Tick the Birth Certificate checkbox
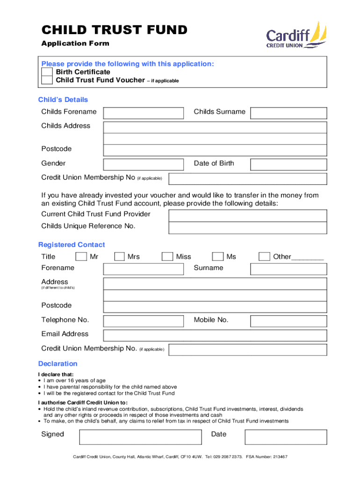pyautogui.click(x=47, y=72)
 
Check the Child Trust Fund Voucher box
pyautogui.click(x=47, y=80)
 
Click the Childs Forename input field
pyautogui.click(x=144, y=113)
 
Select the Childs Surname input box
pyautogui.click(x=288, y=113)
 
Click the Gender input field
pyautogui.click(x=144, y=164)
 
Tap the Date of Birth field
pyautogui.click(x=288, y=164)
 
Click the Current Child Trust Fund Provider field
pyautogui.click(x=247, y=215)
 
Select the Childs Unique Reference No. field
pyautogui.click(x=247, y=227)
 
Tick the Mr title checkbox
pyautogui.click(x=81, y=256)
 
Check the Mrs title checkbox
pyautogui.click(x=120, y=256)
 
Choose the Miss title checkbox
pyautogui.click(x=167, y=256)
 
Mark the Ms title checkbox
pyautogui.click(x=217, y=256)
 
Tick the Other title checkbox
pyautogui.click(x=264, y=256)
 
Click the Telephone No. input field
pyautogui.click(x=144, y=321)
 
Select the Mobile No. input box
pyautogui.click(x=288, y=321)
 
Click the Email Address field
pyautogui.click(x=215, y=335)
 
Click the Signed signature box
pyautogui.click(x=140, y=437)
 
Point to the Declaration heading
pyautogui.click(x=58, y=364)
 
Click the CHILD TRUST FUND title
pyautogui.click(x=114, y=30)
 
